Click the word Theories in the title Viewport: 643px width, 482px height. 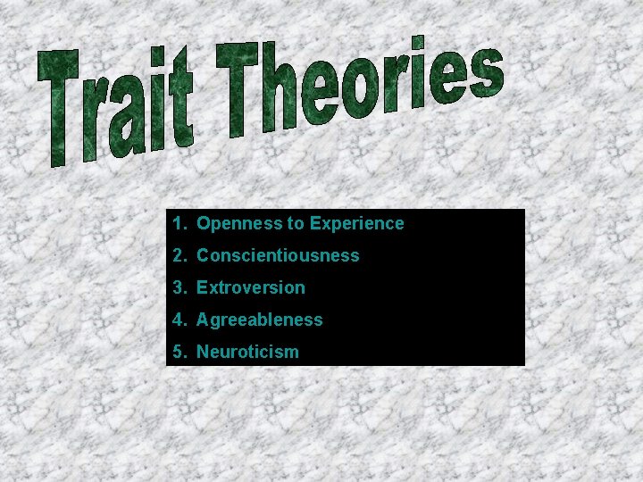(357, 89)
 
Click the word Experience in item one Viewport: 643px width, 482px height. (357, 223)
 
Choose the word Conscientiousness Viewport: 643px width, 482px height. (278, 255)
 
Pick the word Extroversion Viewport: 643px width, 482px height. (251, 287)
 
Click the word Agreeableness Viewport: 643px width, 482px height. (260, 320)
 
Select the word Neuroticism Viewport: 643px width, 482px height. (247, 352)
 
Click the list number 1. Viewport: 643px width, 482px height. (179, 223)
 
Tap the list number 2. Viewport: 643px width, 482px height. (179, 255)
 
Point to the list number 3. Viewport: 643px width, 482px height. (179, 287)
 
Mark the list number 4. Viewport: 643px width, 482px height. (179, 320)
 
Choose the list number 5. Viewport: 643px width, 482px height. (179, 352)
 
